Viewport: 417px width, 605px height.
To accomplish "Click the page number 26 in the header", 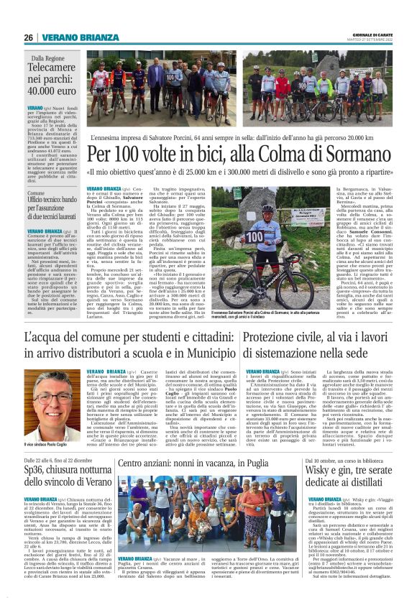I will [x=29, y=37].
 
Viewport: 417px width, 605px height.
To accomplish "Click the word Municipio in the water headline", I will [x=203, y=354].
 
